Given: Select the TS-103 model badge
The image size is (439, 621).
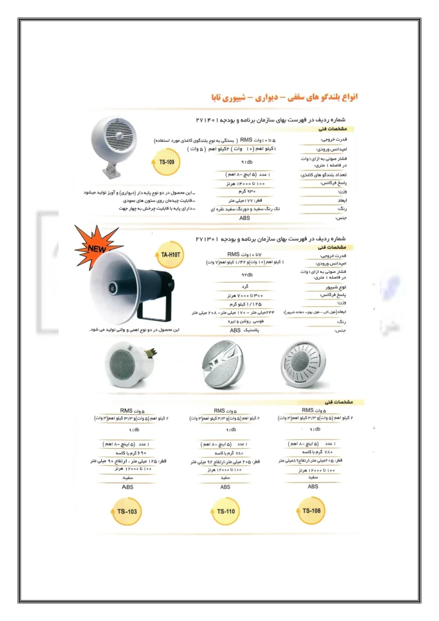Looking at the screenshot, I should tap(127, 511).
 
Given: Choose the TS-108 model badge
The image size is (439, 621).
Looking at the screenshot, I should tap(311, 511).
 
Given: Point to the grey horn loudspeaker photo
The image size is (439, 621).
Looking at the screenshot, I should tap(124, 290).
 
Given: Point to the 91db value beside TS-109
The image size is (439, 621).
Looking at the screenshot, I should tap(246, 163).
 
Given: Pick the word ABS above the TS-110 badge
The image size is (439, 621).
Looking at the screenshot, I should tap(225, 487).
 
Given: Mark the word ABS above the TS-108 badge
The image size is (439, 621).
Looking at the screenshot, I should tap(313, 486).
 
